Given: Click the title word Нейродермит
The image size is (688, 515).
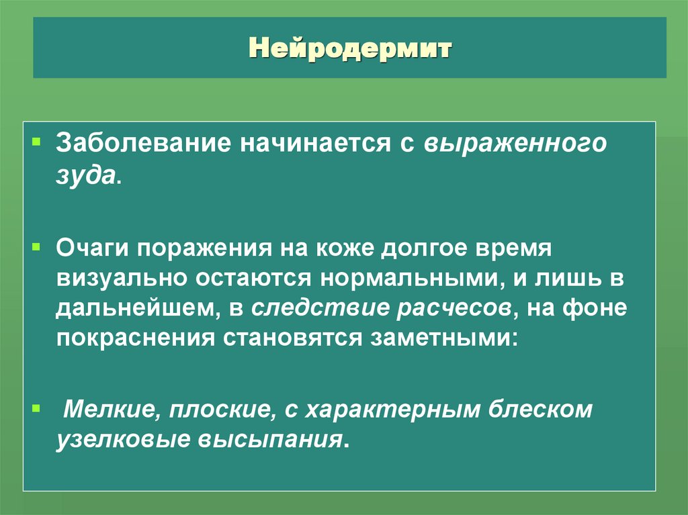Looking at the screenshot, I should pos(351,48).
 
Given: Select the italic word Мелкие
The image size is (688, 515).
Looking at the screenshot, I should pos(109,410).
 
